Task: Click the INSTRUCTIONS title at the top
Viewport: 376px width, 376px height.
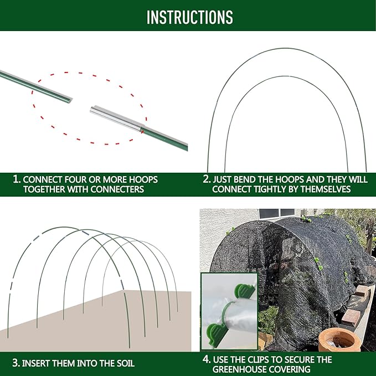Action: [189, 17]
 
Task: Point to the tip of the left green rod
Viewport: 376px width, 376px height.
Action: [71, 99]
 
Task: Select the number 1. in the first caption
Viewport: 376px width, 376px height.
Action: [17, 180]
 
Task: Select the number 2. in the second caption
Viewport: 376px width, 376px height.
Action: [207, 180]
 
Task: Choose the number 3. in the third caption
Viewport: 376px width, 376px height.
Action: [17, 364]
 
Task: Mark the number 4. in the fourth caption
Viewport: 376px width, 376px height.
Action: [207, 359]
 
